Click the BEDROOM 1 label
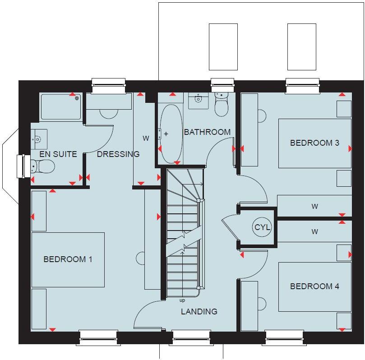point(68,259)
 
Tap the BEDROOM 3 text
point(314,143)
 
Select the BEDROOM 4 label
point(314,286)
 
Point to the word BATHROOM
point(207,132)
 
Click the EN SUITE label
point(58,154)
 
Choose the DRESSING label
point(118,154)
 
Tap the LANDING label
point(199,311)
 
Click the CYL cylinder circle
point(262,227)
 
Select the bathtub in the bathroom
point(170,134)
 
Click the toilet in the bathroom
point(222,105)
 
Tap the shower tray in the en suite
point(61,106)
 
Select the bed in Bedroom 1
point(68,260)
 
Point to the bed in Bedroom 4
point(314,287)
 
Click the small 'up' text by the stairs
point(182,300)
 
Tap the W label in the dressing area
point(146,138)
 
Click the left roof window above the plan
point(223,47)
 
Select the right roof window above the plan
point(302,47)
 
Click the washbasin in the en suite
point(39,137)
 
